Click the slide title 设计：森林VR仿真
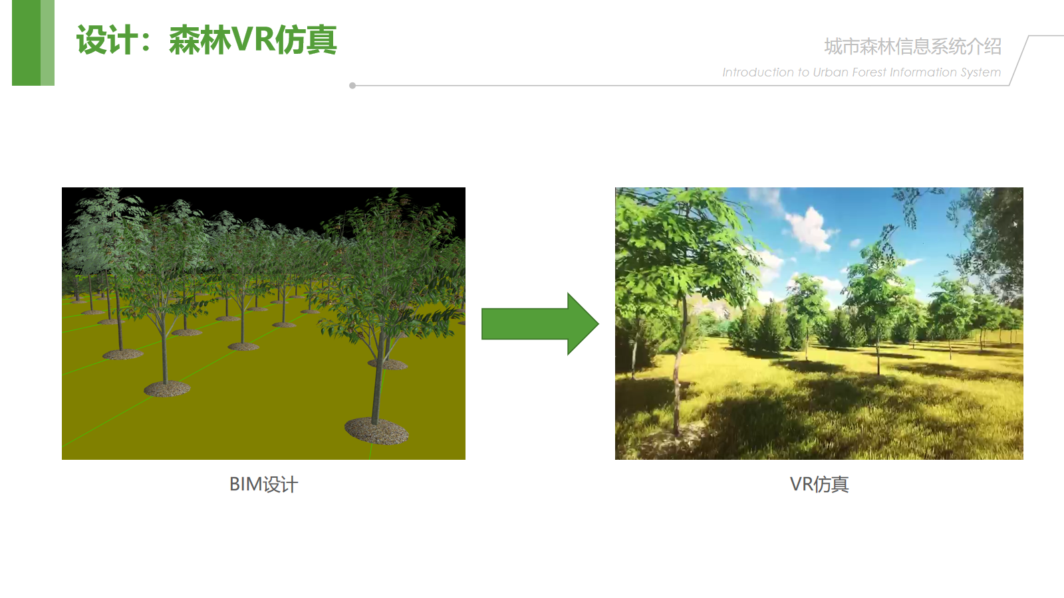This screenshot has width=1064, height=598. pyautogui.click(x=207, y=41)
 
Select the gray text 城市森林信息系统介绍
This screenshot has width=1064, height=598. pyautogui.click(x=912, y=47)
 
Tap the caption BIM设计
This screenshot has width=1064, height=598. pyautogui.click(x=263, y=484)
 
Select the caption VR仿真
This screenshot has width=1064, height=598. pyautogui.click(x=819, y=484)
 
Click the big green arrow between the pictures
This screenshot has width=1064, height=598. pyautogui.click(x=540, y=324)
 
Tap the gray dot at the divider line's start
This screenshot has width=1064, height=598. pyautogui.click(x=352, y=86)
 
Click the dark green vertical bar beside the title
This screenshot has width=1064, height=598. pyautogui.click(x=26, y=43)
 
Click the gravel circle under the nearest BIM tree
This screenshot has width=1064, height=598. pyautogui.click(x=376, y=431)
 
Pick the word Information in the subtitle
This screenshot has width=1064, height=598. pyautogui.click(x=923, y=72)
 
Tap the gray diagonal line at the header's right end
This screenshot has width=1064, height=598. pyautogui.click(x=1019, y=60)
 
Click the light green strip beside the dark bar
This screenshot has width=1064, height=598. pyautogui.click(x=47, y=43)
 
